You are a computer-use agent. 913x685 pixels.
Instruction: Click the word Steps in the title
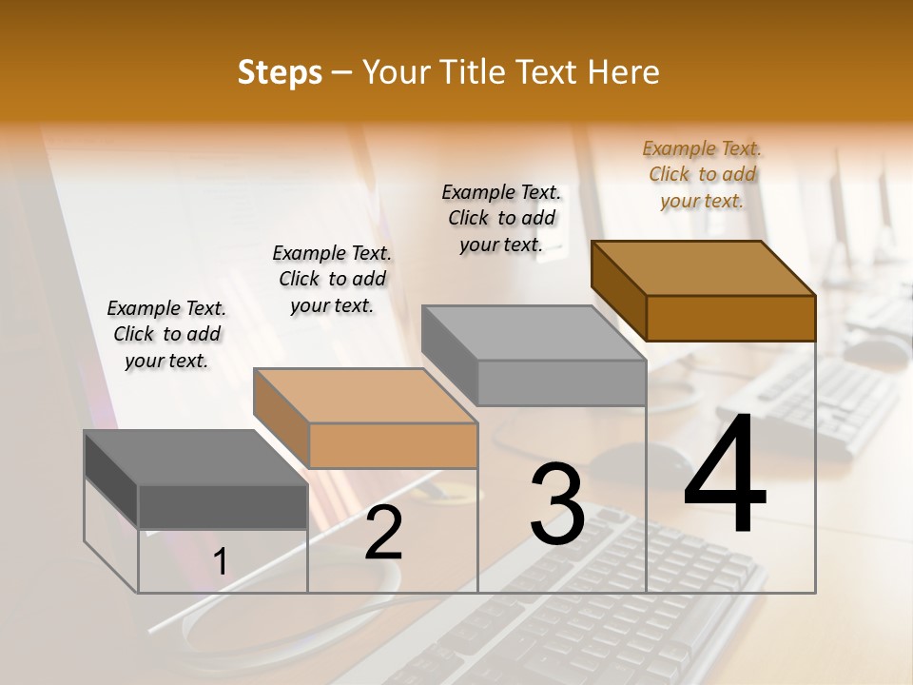point(280,72)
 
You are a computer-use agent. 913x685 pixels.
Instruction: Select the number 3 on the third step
point(557,504)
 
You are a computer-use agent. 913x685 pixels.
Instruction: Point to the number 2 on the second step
point(384,533)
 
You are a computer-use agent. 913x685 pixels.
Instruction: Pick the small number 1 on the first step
point(221,562)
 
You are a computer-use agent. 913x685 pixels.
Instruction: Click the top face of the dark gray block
point(195,457)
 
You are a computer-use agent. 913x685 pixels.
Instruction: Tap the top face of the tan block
point(365,396)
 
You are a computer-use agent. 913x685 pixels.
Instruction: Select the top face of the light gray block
point(534,333)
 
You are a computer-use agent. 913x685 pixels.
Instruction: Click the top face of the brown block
point(704,268)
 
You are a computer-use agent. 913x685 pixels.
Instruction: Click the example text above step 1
point(166,334)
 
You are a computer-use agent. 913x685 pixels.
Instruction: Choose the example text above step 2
point(332,279)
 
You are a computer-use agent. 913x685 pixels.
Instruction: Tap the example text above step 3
point(501,218)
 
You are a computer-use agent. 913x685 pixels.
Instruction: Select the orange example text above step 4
point(702,174)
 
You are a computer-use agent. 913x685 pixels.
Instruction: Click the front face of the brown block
point(730,318)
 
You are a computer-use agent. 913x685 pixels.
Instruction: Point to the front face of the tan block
point(393,445)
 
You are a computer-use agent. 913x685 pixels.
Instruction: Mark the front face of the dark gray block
point(223,506)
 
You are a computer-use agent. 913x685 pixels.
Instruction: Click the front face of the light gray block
point(561,382)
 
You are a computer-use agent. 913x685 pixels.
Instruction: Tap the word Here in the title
point(624,72)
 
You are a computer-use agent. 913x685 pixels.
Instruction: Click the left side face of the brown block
point(618,290)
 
